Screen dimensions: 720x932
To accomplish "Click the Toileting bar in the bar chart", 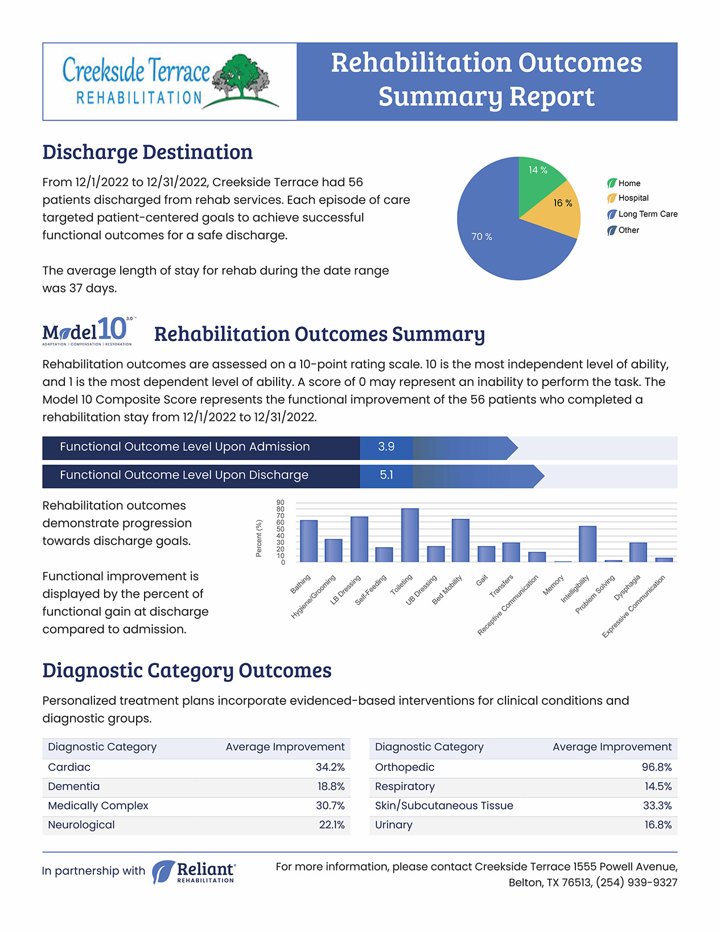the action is click(410, 535).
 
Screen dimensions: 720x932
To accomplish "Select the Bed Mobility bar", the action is click(460, 540).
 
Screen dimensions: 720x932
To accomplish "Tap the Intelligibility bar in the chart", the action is click(587, 544).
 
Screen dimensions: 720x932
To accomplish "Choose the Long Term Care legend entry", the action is click(642, 214).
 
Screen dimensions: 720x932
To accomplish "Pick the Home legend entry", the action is click(624, 183).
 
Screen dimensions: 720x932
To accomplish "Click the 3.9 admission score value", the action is click(386, 446).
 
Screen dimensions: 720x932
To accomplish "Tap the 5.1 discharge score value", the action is click(386, 475).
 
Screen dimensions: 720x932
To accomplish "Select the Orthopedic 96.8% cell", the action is click(657, 767).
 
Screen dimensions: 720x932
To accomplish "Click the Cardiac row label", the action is click(69, 767).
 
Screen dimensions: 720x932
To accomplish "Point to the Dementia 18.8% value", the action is click(331, 786).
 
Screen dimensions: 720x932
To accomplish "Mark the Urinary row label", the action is click(393, 825).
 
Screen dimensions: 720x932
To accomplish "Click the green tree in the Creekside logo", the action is click(241, 76).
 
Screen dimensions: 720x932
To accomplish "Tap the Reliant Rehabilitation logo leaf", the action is click(163, 872).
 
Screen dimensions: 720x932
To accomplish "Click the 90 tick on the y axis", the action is click(280, 502).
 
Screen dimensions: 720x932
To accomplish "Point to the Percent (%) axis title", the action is click(258, 538).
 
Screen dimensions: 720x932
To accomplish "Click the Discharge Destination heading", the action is click(147, 152).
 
